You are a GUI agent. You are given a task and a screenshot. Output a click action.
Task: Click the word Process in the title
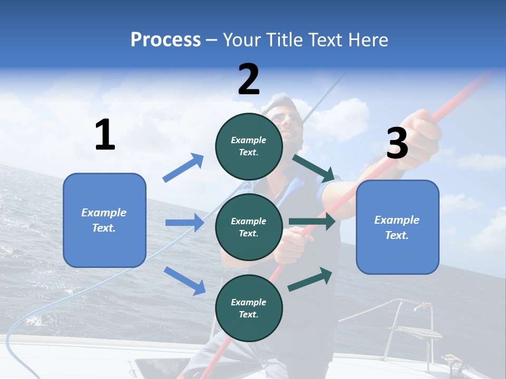166,40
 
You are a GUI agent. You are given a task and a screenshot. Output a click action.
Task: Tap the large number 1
105,135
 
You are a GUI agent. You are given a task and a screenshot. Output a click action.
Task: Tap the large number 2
249,79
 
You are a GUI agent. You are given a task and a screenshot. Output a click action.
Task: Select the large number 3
397,144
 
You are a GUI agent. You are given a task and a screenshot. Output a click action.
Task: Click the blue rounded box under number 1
104,220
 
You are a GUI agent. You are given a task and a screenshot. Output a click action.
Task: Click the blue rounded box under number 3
397,227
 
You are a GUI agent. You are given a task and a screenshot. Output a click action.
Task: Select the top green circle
249,146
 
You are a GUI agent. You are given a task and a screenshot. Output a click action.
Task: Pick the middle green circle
249,227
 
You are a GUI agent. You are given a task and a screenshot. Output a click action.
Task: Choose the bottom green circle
249,308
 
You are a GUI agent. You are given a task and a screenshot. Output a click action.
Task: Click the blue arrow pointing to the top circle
183,168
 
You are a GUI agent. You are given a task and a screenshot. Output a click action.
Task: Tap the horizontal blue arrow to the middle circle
184,223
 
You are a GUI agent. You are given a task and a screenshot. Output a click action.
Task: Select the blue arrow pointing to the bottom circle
184,280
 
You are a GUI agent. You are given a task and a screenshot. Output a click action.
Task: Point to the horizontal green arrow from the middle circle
312,221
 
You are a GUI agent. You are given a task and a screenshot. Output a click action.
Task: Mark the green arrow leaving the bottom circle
310,280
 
